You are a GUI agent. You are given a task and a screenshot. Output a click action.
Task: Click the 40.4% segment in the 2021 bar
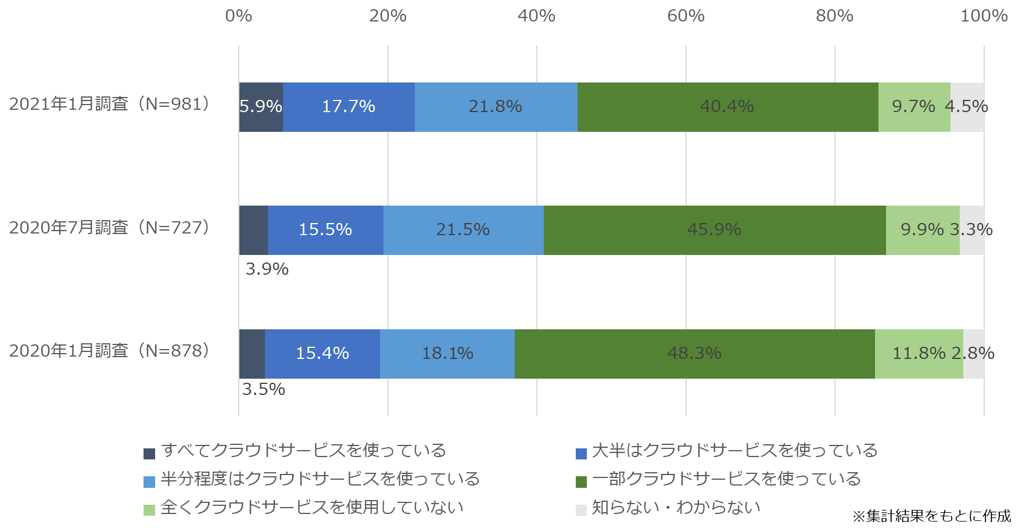(x=727, y=107)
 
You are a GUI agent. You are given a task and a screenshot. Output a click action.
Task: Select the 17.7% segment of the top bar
(x=349, y=107)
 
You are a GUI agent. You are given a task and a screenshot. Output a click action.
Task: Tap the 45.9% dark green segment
(x=715, y=230)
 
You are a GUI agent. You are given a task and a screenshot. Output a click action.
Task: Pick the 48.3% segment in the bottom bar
(x=694, y=354)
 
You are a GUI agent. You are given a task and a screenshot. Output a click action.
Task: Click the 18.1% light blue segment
(x=447, y=354)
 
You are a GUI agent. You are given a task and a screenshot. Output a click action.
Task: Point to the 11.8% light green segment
(x=919, y=354)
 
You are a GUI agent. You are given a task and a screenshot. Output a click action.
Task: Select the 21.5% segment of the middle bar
(x=463, y=230)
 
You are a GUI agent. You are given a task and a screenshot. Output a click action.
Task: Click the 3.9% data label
(x=267, y=269)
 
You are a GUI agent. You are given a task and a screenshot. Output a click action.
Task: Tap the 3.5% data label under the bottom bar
(x=263, y=390)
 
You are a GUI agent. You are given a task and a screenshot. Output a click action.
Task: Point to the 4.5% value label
(x=966, y=107)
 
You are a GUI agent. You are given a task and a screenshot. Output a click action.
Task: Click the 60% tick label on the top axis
(x=686, y=16)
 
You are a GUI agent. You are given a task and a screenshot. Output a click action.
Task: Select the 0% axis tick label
(x=239, y=16)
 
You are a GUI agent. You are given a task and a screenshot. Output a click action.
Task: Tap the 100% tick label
(x=984, y=16)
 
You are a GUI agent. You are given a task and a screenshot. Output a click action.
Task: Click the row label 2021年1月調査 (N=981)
(x=109, y=104)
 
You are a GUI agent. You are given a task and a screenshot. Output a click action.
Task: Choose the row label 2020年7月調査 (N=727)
(x=109, y=228)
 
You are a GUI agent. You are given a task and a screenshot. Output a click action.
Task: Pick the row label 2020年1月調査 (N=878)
(x=109, y=351)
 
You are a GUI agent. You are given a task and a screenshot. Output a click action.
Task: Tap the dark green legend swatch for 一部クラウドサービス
(x=581, y=481)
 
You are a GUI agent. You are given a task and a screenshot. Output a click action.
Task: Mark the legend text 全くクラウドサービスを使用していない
(x=312, y=508)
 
